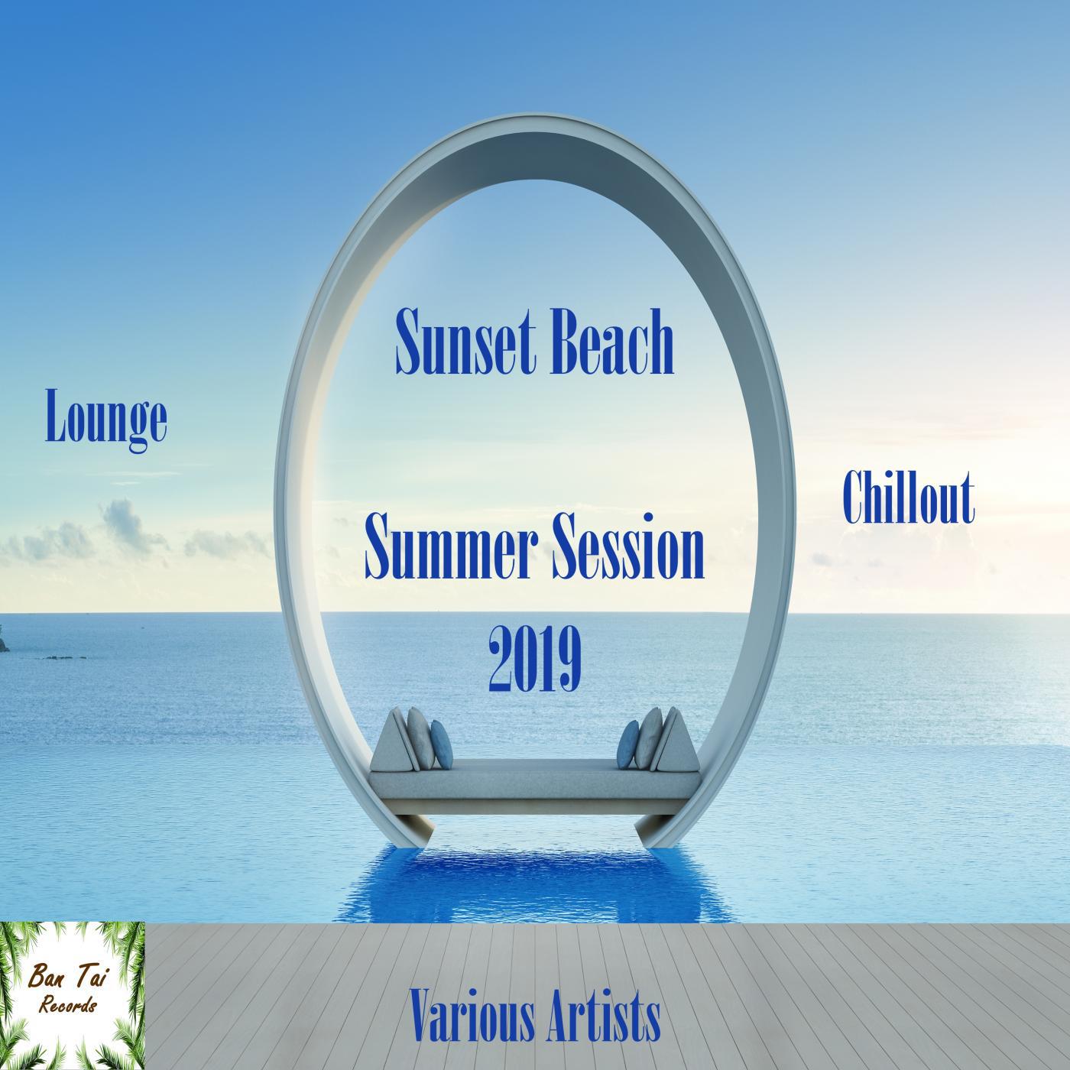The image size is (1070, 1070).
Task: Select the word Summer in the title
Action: pyautogui.click(x=449, y=552)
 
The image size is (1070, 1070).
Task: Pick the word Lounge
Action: pyautogui.click(x=106, y=417)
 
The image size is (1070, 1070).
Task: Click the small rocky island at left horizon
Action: pyautogui.click(x=6, y=636)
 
